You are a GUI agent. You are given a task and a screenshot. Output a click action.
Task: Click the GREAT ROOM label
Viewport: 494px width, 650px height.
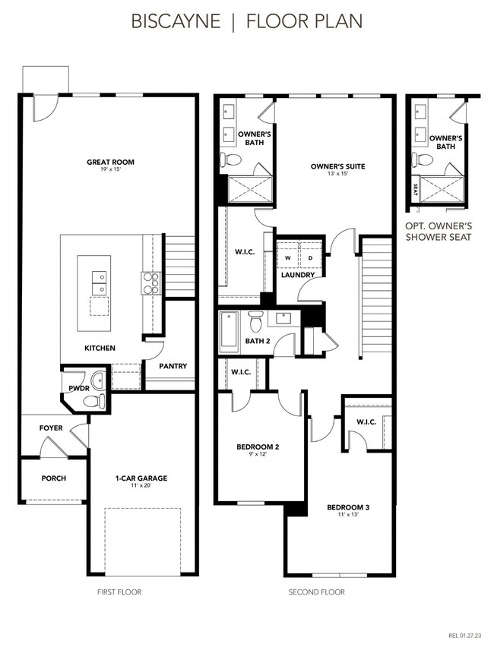[111, 162]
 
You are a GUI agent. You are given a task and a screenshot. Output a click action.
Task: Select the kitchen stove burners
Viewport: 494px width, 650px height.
[150, 282]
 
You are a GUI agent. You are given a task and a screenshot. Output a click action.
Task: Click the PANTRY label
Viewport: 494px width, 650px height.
[173, 366]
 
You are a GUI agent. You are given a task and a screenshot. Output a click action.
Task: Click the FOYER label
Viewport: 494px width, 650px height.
[51, 428]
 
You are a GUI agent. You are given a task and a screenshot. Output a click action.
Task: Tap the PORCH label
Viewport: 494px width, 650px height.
[54, 478]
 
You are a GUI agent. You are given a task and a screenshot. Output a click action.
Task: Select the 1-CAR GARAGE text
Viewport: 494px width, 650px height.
[141, 478]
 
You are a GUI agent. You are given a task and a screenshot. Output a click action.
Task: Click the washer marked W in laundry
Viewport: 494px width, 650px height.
[287, 258]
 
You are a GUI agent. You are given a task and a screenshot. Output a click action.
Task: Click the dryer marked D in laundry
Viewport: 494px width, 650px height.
[310, 258]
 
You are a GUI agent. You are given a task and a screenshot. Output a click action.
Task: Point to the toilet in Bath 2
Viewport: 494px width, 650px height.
[257, 323]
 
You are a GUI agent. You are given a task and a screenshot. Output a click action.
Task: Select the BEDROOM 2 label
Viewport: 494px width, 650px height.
[258, 447]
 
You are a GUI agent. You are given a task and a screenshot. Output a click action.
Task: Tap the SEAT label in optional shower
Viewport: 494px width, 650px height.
[415, 190]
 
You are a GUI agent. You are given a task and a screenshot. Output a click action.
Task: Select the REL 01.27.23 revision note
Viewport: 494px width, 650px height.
[464, 635]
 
